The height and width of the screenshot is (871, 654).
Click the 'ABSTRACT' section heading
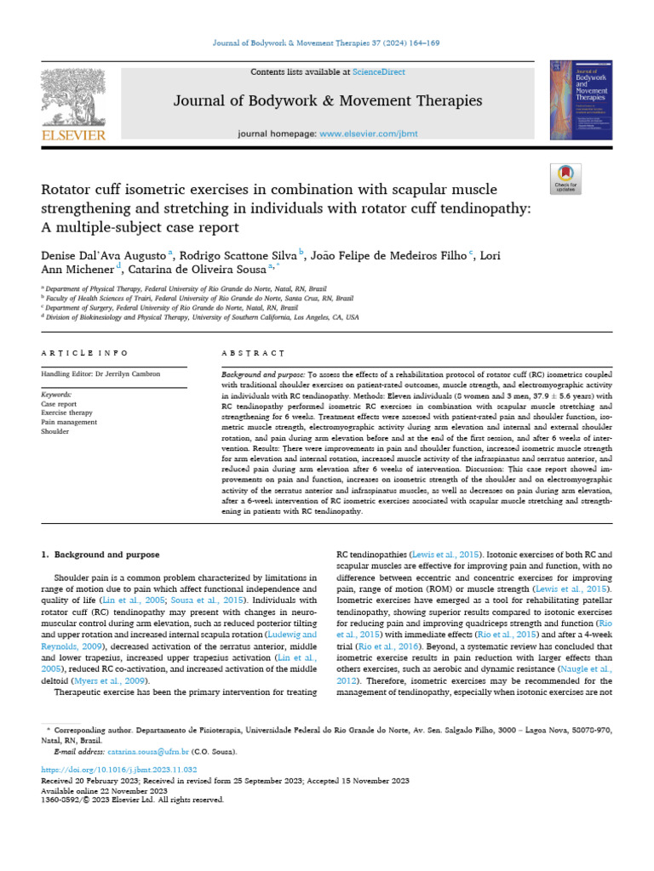[253, 353]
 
